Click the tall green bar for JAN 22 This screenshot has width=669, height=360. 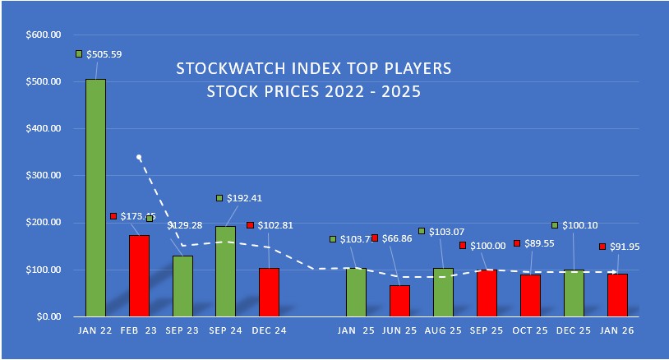[95, 197]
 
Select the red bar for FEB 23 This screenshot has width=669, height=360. [139, 275]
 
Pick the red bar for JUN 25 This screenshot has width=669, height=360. [399, 301]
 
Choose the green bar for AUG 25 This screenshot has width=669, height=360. [443, 292]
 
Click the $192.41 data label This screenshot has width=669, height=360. [245, 198]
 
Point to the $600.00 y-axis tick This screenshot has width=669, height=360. [44, 35]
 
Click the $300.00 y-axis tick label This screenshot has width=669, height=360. [44, 176]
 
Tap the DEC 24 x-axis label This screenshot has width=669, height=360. [269, 331]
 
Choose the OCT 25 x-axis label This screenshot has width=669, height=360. [530, 331]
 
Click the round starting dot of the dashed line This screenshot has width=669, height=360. [139, 157]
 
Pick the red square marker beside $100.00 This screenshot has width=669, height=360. [463, 246]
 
